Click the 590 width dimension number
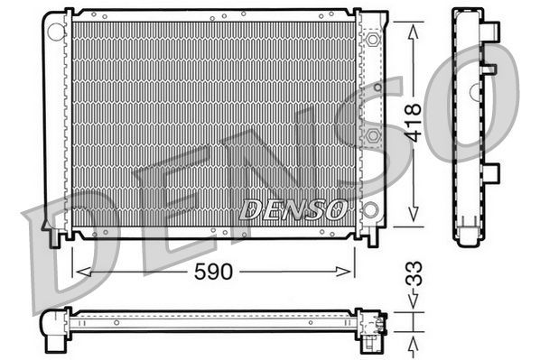click(214, 271)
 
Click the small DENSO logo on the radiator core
click(293, 210)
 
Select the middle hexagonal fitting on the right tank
click(371, 135)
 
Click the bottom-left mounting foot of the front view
click(57, 235)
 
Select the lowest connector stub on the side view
click(491, 172)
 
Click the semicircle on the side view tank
click(474, 91)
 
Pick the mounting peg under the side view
click(467, 239)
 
